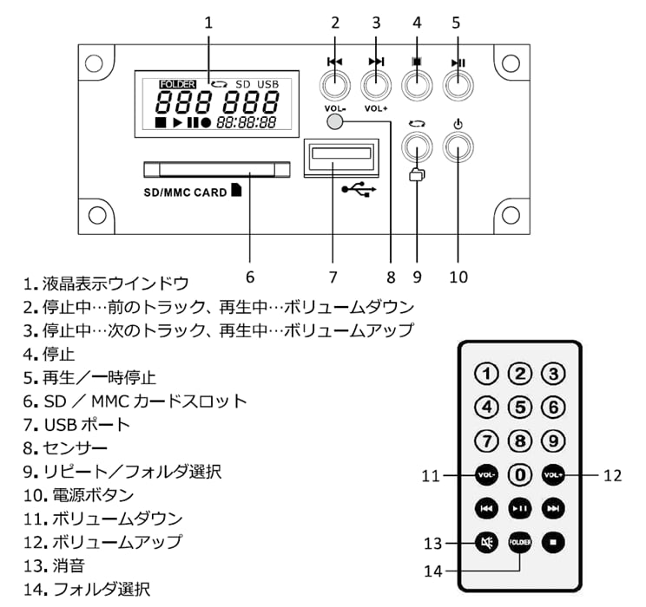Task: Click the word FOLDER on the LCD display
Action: pyautogui.click(x=176, y=84)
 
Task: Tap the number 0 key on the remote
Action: pyautogui.click(x=519, y=475)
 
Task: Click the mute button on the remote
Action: pyautogui.click(x=486, y=545)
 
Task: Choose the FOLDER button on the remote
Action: pyautogui.click(x=519, y=544)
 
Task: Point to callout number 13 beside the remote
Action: pyautogui.click(x=433, y=545)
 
